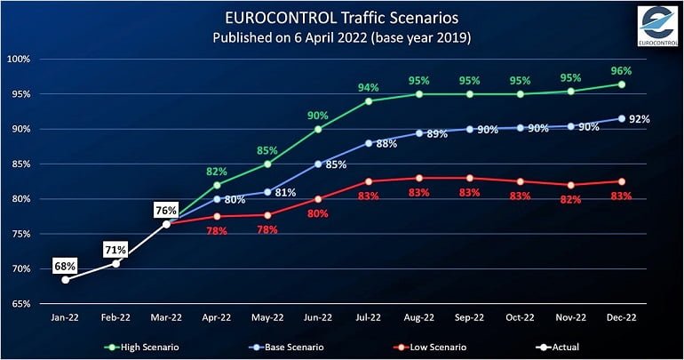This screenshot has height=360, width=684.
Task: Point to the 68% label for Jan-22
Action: coord(65,265)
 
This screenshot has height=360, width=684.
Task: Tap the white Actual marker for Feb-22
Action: coord(115,263)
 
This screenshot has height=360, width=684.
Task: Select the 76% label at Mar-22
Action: coord(166,211)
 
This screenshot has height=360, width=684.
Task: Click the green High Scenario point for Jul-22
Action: coord(368,100)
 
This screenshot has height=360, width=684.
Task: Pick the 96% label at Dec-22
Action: coord(621,69)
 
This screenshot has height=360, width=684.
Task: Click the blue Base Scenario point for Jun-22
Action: coord(317,164)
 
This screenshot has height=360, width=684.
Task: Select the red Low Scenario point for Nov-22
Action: coord(571,185)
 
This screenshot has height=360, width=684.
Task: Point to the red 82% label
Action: coord(570,200)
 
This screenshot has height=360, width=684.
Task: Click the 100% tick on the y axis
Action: coord(19,59)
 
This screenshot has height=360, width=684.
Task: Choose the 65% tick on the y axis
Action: coord(20,304)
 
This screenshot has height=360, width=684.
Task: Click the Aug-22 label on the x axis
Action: coord(418,317)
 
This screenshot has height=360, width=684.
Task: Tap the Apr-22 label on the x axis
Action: coord(216,317)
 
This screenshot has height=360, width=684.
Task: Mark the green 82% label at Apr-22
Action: coord(217,171)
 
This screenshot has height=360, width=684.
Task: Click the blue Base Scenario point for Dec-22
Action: coord(622,118)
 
